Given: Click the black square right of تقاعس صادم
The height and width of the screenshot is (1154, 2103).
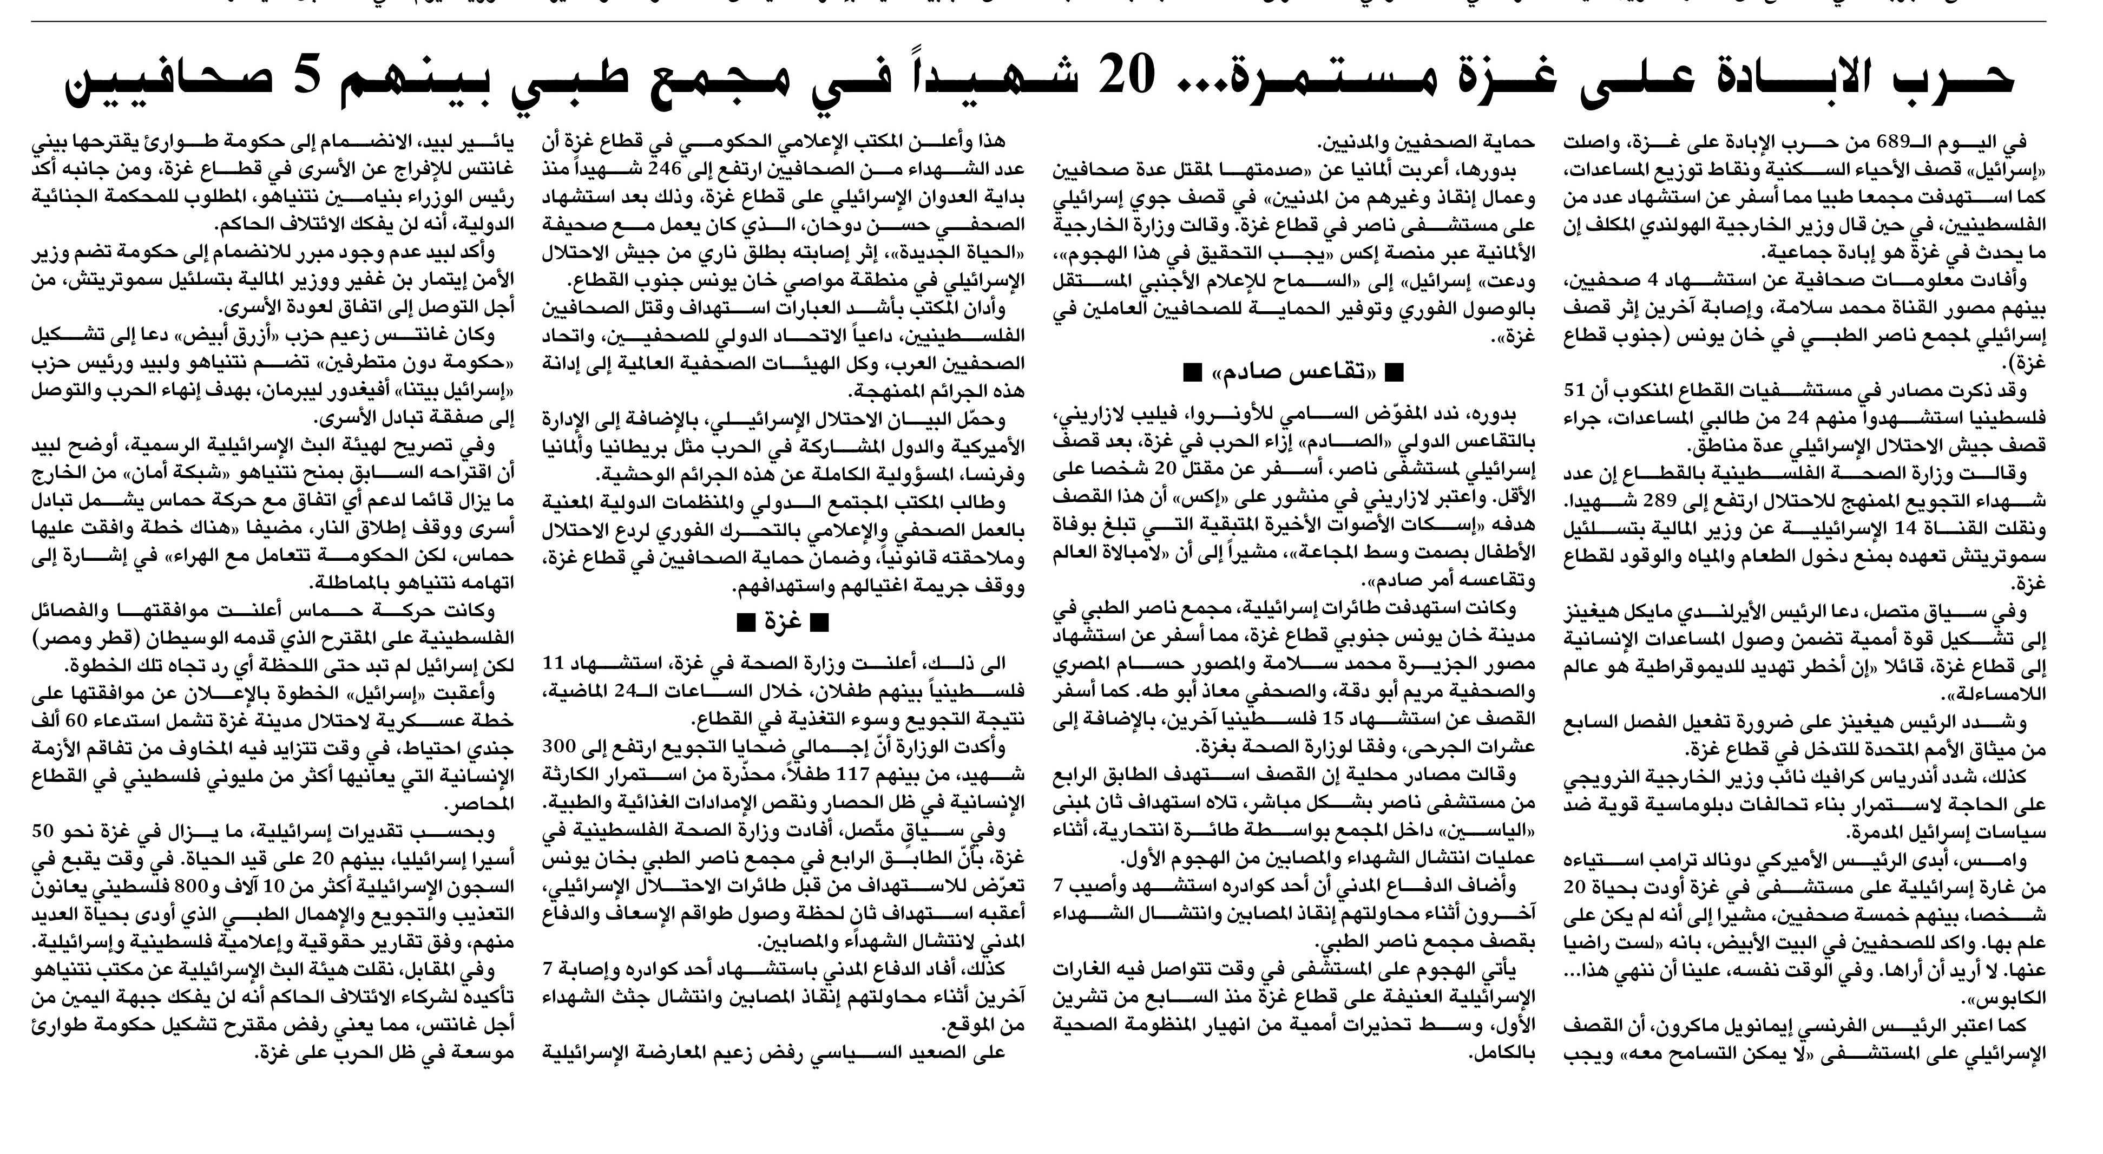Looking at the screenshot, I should pos(1395,374).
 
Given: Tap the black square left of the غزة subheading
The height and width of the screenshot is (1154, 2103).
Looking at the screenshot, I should pos(745,623).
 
